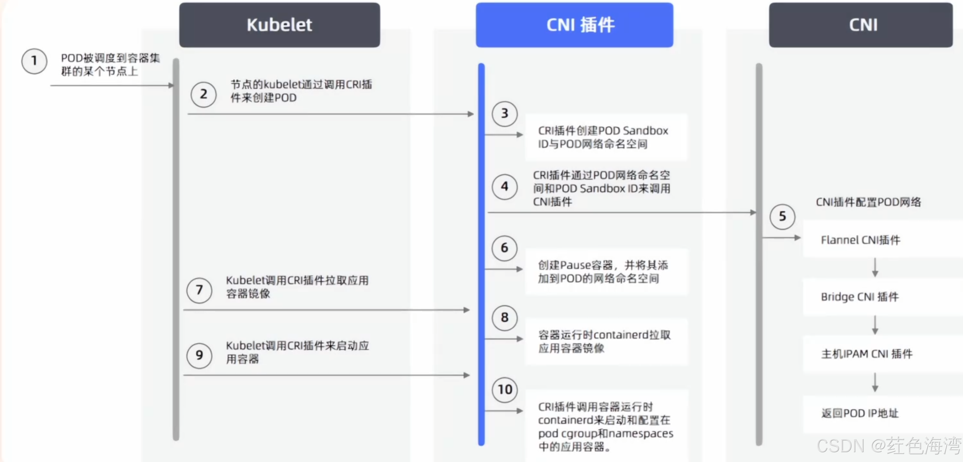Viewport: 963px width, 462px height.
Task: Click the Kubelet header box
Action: [x=279, y=25]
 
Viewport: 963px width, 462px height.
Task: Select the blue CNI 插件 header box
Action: [x=574, y=25]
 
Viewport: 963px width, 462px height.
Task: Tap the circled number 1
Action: [x=34, y=61]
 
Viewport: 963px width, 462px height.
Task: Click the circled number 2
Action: [x=203, y=94]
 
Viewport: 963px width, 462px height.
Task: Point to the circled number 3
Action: [x=505, y=114]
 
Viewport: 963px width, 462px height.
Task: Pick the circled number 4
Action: [x=505, y=186]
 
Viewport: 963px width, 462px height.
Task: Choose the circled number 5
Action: [x=782, y=217]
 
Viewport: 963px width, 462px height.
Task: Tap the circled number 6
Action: [x=505, y=248]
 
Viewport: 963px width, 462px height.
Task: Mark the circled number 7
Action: [x=199, y=290]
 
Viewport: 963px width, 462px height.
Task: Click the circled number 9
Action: [x=199, y=355]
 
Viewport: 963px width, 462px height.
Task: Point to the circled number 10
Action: [x=505, y=390]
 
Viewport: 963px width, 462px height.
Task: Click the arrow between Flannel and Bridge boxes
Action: [x=875, y=267]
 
